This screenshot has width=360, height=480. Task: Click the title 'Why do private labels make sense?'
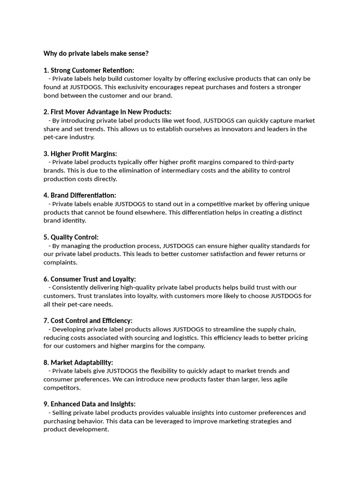click(x=96, y=53)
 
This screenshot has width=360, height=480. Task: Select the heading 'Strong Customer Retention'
click(x=92, y=70)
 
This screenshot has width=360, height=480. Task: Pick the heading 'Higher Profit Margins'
click(x=84, y=154)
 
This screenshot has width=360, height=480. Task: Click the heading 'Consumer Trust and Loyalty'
click(x=93, y=279)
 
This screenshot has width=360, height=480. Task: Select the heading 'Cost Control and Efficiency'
click(x=91, y=321)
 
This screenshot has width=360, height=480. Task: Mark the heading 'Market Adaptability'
click(x=82, y=362)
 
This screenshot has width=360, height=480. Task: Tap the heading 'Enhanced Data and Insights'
click(x=93, y=404)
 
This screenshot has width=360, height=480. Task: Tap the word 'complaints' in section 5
click(x=60, y=262)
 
